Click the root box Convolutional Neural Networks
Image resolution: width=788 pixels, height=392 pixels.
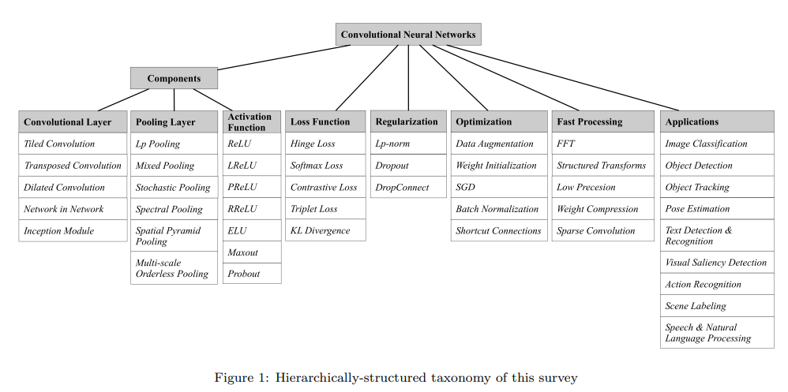pos(408,35)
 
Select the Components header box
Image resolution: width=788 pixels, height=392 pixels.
pos(174,78)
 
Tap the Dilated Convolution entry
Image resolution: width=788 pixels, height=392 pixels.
pos(73,188)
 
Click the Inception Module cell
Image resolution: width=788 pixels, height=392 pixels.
pos(73,231)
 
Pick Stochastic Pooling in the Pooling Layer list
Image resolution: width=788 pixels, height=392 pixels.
pos(174,188)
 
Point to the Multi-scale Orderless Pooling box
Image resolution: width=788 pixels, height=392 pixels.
pos(174,268)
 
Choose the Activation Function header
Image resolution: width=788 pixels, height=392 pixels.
pos(251,121)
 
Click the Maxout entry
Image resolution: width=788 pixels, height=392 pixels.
pos(251,252)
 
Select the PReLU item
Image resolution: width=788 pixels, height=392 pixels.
pos(251,188)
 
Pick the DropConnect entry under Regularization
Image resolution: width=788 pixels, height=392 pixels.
pos(408,188)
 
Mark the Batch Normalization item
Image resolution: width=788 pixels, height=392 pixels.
pos(499,209)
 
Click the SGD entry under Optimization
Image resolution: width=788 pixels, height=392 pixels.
pos(499,188)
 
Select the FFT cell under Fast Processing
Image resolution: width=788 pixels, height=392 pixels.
pos(602,144)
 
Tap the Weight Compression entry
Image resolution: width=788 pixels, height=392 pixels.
pos(602,209)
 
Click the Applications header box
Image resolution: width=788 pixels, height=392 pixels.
pos(717,121)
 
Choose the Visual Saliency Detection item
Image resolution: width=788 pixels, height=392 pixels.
pos(717,263)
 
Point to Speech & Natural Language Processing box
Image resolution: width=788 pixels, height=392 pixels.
pos(717,333)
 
